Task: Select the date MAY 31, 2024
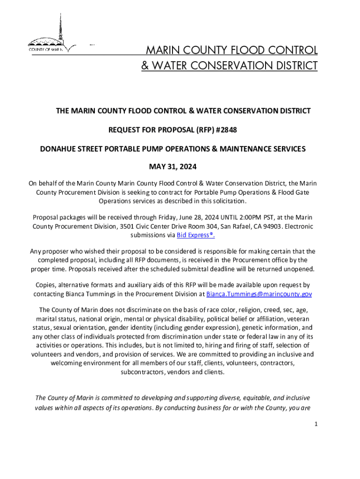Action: [x=180, y=167]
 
